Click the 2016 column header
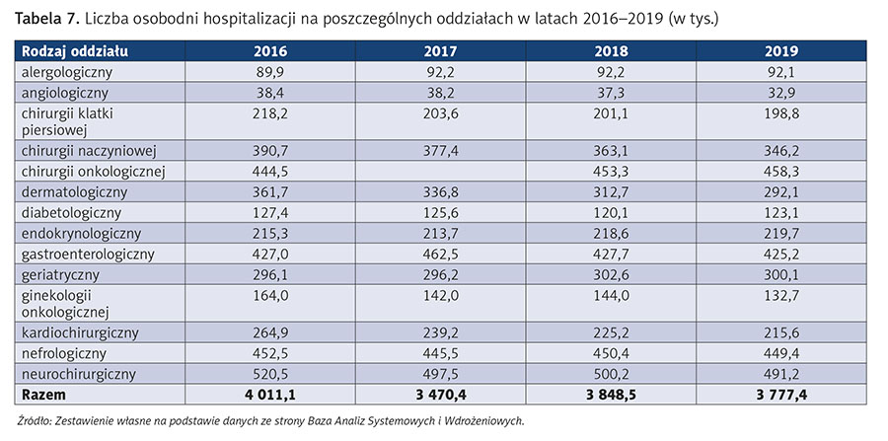tap(270, 51)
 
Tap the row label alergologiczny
tap(64, 71)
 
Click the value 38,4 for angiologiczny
tap(270, 92)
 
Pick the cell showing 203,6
tap(440, 112)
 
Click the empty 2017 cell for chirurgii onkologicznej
tap(440, 171)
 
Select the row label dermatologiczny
tap(70, 191)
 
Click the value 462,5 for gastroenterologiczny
tap(440, 254)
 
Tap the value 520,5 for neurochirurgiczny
tap(270, 374)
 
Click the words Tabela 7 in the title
tap(45, 18)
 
